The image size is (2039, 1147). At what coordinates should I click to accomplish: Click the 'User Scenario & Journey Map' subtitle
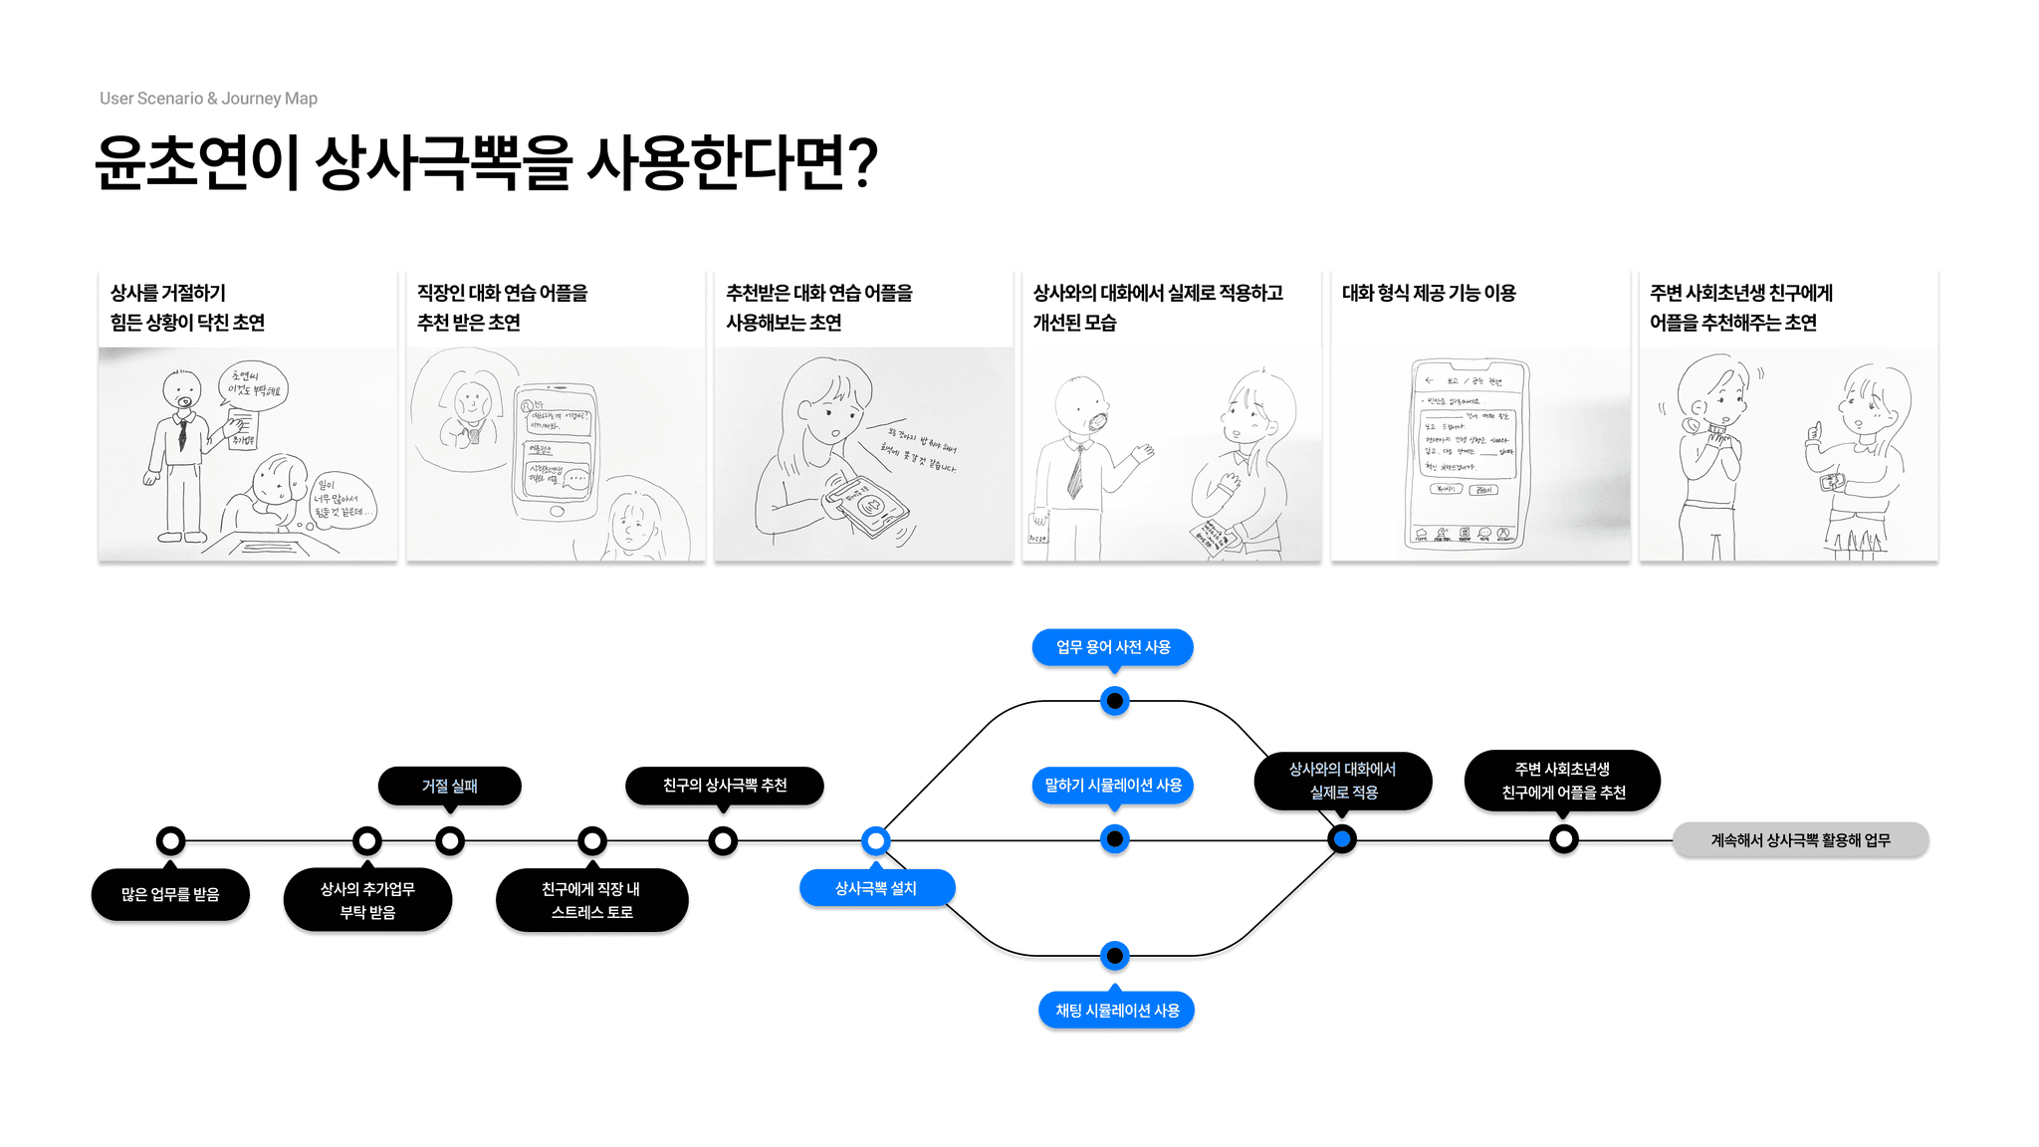pos(208,99)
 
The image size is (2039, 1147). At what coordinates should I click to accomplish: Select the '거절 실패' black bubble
pos(449,786)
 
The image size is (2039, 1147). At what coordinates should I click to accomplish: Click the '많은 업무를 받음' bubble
pos(170,894)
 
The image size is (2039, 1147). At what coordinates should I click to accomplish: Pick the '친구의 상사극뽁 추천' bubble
pos(724,786)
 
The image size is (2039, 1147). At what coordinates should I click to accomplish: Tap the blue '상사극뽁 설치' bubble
pos(876,888)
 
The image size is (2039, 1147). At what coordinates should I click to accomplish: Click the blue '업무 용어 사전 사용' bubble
pos(1112,647)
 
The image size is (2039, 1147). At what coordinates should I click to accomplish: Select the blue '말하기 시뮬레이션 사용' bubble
pos(1113,786)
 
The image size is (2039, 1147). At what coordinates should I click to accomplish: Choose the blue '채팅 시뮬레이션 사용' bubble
pos(1116,1011)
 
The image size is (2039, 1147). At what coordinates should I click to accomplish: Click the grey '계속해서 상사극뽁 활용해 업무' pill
pos(1800,840)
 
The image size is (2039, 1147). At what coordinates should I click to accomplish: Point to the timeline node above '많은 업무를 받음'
pos(170,841)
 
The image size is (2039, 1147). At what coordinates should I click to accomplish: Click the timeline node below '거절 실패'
pos(450,841)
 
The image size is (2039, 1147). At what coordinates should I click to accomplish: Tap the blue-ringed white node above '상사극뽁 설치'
pos(875,841)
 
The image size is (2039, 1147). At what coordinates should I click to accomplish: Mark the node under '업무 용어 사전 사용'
pos(1115,701)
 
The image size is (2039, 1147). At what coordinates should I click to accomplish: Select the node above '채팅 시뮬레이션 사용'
pos(1115,956)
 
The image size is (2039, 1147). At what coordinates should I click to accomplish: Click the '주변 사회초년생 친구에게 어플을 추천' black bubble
pos(1562,781)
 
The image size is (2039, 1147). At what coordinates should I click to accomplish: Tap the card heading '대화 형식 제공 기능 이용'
pos(1429,293)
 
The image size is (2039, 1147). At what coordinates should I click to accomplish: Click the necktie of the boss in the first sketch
pos(182,433)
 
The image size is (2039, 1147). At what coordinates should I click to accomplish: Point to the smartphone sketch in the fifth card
pos(1469,453)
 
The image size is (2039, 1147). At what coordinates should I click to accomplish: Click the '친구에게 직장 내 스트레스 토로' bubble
pos(591,900)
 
